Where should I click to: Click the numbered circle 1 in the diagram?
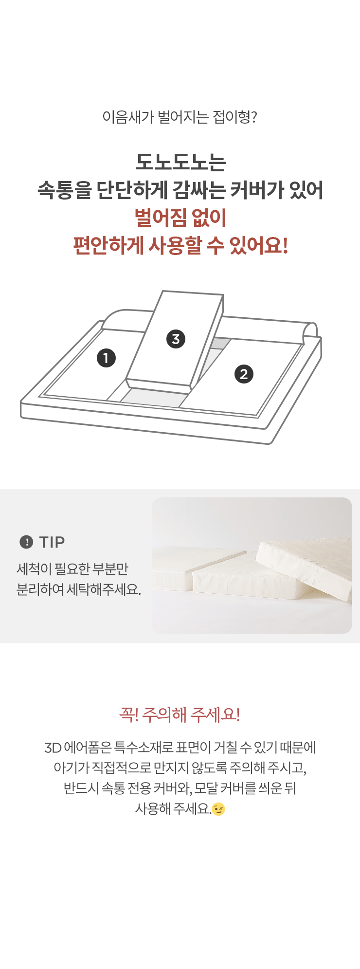point(106,358)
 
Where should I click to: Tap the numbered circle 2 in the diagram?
point(244,374)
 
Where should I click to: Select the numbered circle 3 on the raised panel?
point(176,339)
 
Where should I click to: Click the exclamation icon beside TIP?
point(26,542)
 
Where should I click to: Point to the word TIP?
point(52,542)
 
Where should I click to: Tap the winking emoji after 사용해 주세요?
point(218,809)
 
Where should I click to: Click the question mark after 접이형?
point(253,117)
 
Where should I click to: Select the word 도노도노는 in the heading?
point(180,162)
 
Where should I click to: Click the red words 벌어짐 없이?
point(180,218)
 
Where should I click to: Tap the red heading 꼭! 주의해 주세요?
point(180,714)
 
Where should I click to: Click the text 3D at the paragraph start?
point(53,748)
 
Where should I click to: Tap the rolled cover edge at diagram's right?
point(310,333)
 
